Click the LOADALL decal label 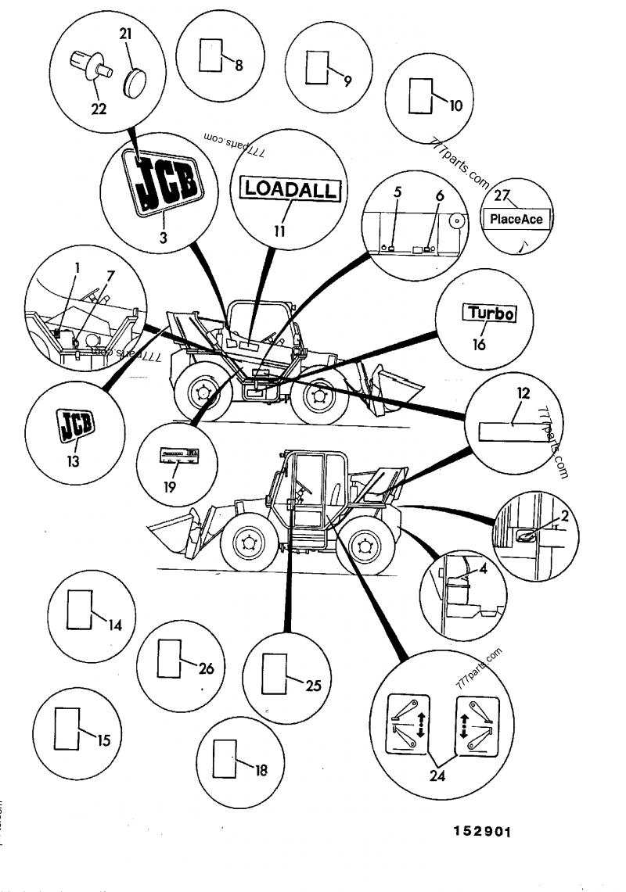[x=289, y=188]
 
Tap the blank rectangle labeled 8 [x=211, y=56]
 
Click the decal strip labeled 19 [x=179, y=454]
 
